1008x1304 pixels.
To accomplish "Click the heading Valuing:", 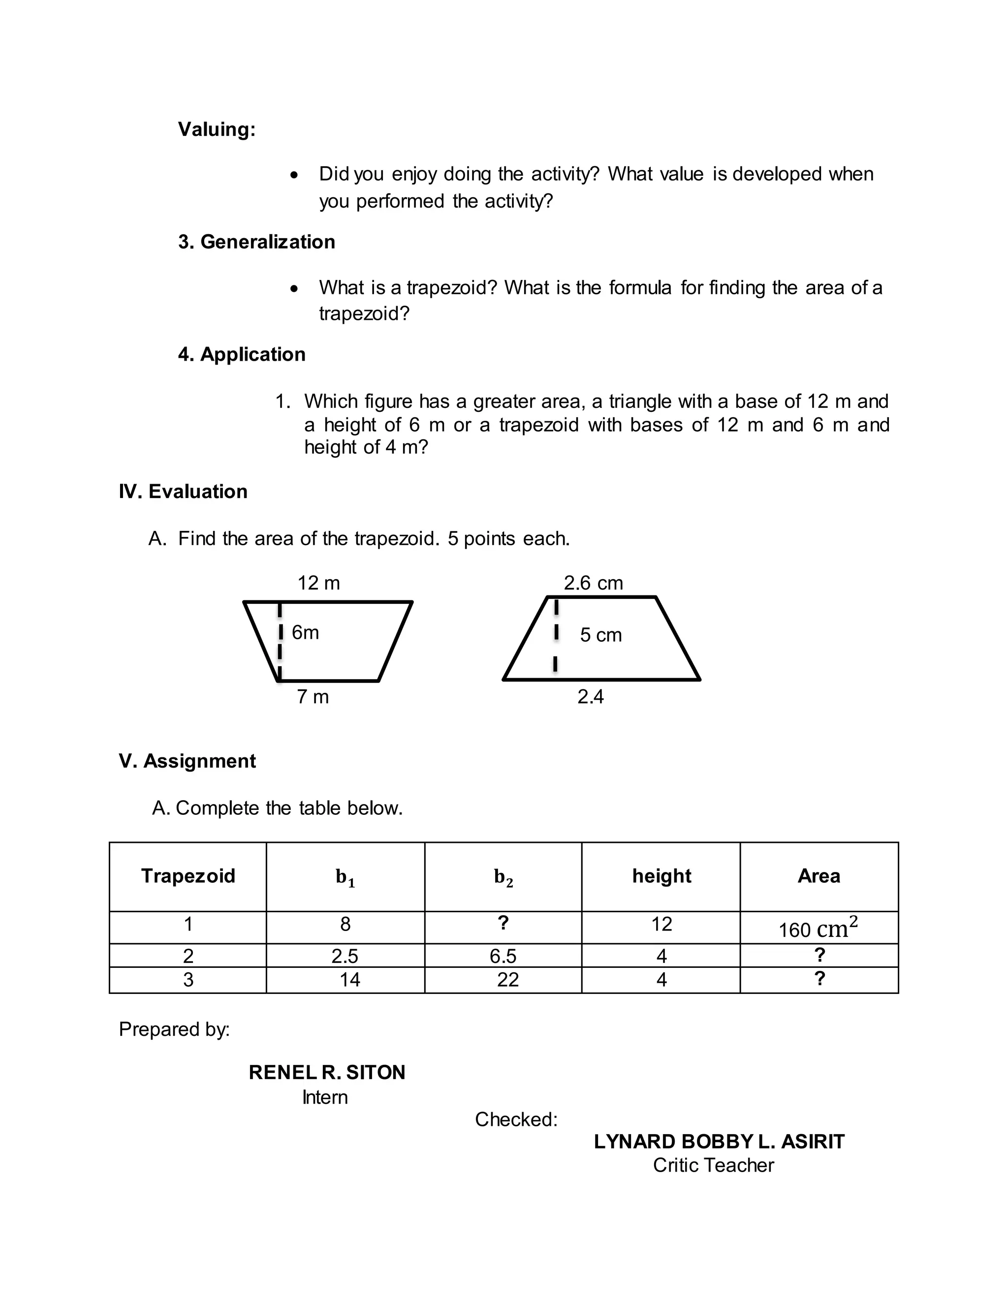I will pos(217,129).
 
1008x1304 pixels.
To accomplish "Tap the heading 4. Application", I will pos(241,354).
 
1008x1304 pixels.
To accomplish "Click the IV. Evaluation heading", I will pos(183,492).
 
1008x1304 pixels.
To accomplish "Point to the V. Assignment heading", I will pos(187,761).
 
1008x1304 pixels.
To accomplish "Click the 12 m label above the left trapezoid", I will pos(318,583).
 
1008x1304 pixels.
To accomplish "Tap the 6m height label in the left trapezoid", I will pos(305,632).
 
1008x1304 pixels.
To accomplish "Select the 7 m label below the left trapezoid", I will pos(313,696).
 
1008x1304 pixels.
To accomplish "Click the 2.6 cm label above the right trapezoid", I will pos(593,583).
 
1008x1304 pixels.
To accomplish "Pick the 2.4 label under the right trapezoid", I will pos(590,696).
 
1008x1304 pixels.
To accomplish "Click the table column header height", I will pos(661,876).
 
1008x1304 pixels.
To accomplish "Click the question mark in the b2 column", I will pos(503,923).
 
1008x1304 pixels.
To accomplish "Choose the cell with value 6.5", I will pos(503,956).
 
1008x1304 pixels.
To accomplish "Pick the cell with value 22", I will pos(507,980).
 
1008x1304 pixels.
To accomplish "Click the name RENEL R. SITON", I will pos(327,1072).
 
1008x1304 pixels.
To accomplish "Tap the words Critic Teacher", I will pos(713,1165).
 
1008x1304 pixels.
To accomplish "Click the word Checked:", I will pos(516,1119).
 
